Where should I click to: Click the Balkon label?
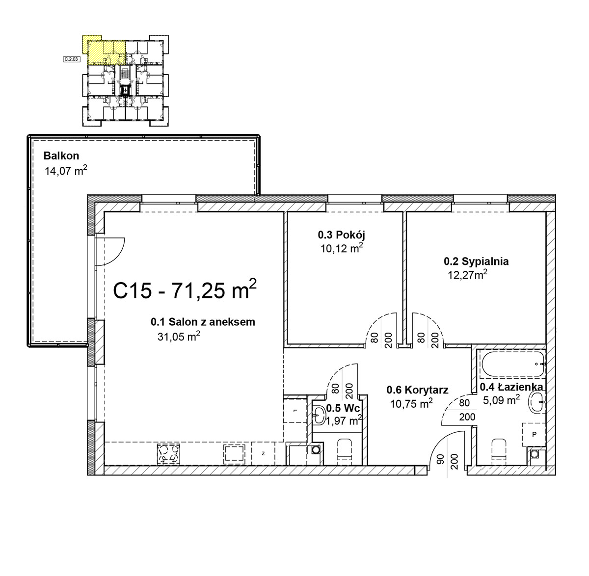coord(61,156)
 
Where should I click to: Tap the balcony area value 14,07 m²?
coord(66,171)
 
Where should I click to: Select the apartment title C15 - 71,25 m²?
coord(185,289)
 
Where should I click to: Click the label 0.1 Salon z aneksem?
coord(203,322)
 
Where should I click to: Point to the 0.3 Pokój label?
coord(342,235)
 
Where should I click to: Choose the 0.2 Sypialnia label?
coord(476,261)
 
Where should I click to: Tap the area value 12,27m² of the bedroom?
coord(468,275)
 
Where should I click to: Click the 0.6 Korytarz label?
coord(417,390)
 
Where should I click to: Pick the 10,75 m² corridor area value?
coord(411,403)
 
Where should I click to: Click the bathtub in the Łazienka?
coord(512,364)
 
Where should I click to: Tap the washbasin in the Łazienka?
coord(537,402)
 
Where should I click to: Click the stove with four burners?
coord(168,454)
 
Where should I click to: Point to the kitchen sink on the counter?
coord(234,454)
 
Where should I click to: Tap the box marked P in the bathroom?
coord(534,434)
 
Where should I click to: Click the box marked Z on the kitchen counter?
coord(263,453)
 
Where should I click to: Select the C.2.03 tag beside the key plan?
coord(72,59)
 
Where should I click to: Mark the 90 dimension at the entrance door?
coord(441,460)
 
